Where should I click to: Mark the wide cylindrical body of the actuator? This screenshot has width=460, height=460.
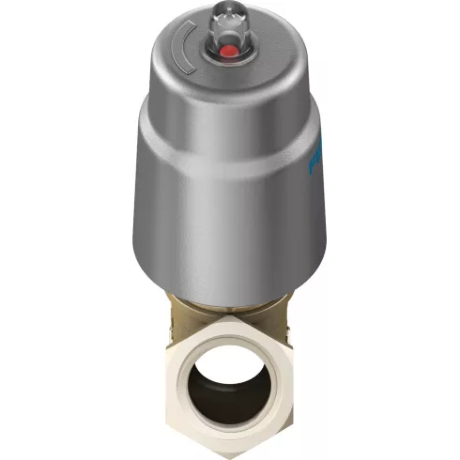click(230, 197)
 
